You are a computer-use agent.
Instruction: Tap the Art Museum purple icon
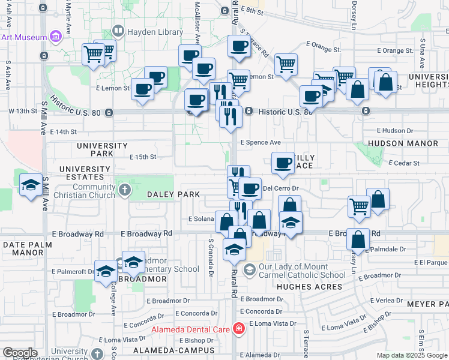tap(56, 37)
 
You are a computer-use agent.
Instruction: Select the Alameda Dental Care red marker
tap(239, 329)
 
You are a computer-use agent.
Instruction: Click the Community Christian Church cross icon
tap(125, 191)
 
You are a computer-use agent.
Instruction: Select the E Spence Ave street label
tap(261, 143)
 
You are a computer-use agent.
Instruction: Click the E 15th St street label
tap(143, 157)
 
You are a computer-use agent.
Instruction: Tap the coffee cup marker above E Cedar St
tap(283, 163)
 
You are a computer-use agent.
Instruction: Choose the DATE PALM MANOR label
tap(23, 248)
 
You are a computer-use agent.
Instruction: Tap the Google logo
tap(20, 353)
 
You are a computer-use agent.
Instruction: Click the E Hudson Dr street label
tap(396, 130)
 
